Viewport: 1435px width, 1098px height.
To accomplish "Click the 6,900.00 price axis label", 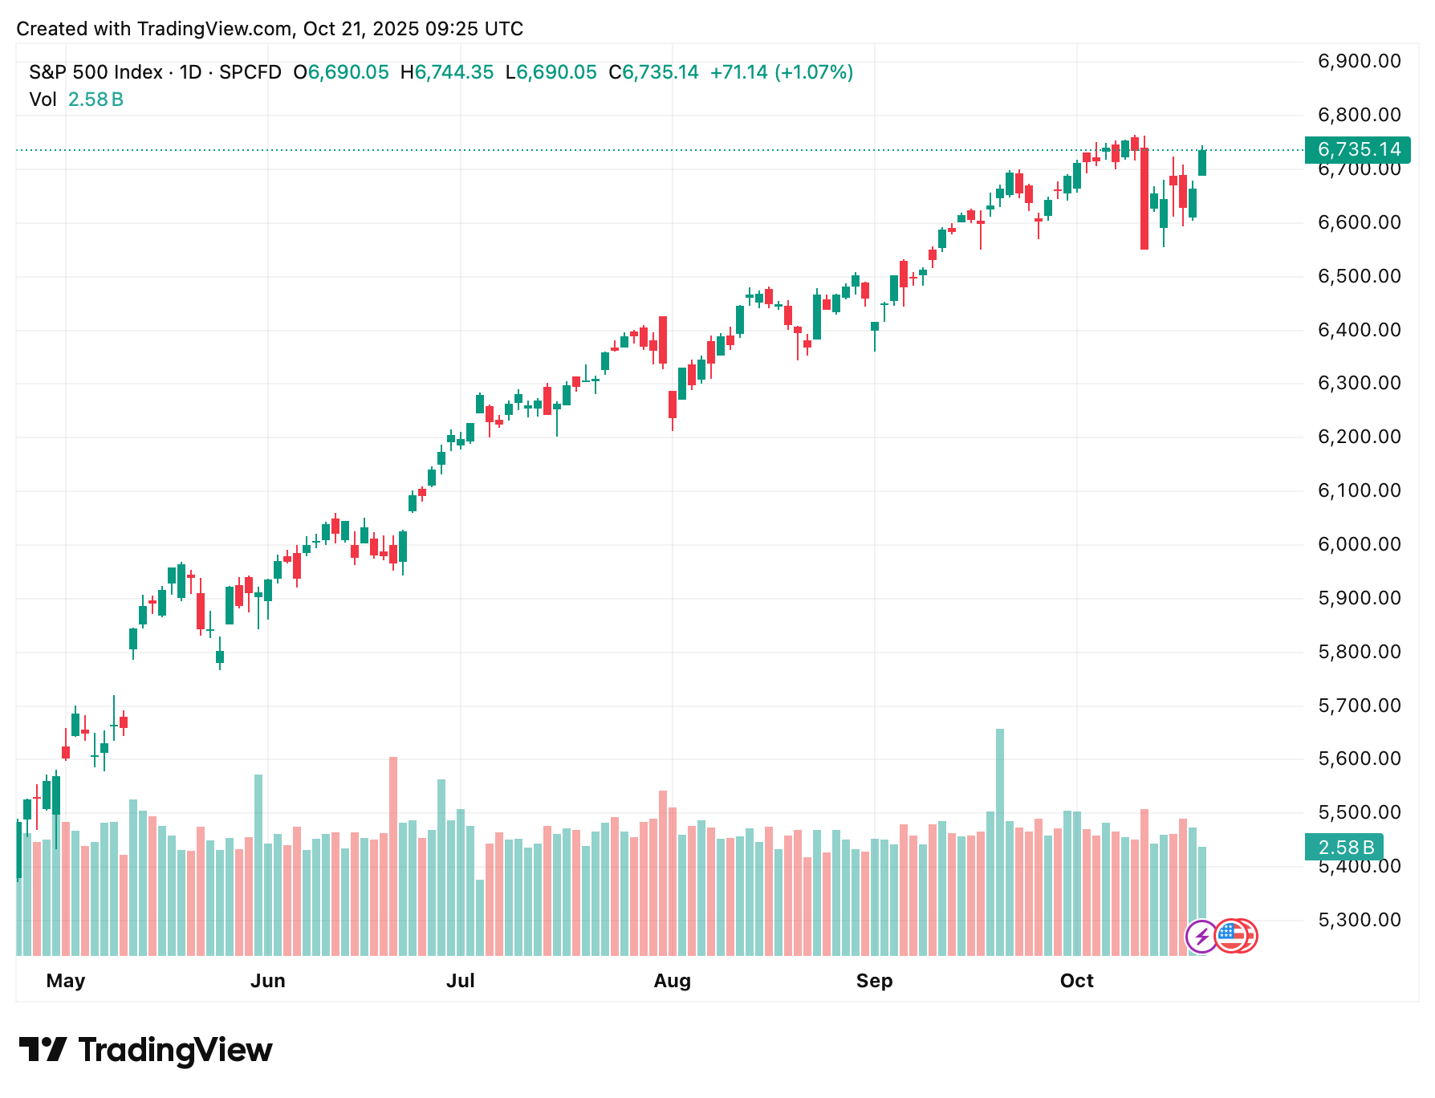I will [1359, 61].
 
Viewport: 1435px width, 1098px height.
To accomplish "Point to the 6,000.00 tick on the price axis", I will [1359, 544].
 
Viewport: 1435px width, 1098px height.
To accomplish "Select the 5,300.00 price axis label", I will [1359, 920].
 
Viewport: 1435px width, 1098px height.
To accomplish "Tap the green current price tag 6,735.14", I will [1358, 149].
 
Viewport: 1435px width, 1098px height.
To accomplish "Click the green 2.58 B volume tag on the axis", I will [1345, 847].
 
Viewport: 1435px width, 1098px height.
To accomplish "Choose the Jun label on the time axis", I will [267, 981].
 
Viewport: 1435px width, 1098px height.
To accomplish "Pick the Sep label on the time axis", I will [874, 981].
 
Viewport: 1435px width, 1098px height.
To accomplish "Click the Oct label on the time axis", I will [1076, 981].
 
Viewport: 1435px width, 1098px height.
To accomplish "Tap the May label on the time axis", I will [66, 981].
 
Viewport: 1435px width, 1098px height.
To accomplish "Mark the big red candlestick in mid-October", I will [1144, 198].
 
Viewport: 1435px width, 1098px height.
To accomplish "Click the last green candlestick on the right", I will [1202, 163].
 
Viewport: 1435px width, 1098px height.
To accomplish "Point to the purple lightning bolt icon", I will [1201, 936].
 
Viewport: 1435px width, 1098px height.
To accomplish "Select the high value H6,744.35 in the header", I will [447, 72].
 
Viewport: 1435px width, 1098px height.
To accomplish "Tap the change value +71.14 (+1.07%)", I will [781, 72].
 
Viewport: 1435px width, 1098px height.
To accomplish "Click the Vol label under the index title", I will [43, 100].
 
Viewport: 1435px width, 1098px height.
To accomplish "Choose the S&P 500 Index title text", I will [96, 72].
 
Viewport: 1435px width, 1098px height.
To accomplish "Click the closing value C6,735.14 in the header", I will [653, 72].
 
